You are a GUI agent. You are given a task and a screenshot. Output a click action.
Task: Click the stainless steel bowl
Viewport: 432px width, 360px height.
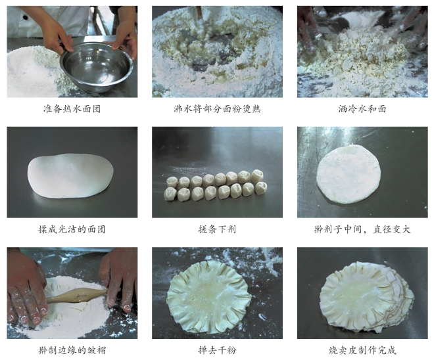pyautogui.click(x=97, y=67)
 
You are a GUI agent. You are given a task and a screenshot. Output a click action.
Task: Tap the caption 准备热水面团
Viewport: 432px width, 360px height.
pyautogui.click(x=72, y=109)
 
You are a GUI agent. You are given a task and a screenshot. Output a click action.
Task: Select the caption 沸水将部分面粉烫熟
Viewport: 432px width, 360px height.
pyautogui.click(x=217, y=109)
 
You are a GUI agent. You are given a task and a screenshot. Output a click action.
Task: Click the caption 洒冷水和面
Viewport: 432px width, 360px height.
pyautogui.click(x=362, y=109)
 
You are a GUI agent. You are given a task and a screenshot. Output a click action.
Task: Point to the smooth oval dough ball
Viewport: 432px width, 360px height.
pyautogui.click(x=70, y=175)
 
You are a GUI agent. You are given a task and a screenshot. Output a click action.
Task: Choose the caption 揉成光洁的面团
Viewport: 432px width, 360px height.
pyautogui.click(x=72, y=229)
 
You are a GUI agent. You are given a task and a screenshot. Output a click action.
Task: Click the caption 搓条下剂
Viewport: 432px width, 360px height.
pyautogui.click(x=217, y=229)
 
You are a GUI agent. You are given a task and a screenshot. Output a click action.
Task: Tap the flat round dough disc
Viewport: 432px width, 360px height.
pyautogui.click(x=348, y=175)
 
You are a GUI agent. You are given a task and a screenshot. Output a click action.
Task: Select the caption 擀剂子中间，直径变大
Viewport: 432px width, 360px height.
pyautogui.click(x=362, y=229)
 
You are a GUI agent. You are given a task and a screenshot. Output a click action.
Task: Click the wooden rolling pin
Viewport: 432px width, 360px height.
pyautogui.click(x=76, y=296)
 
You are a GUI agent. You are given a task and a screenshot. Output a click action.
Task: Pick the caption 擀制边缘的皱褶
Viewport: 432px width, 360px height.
pyautogui.click(x=72, y=350)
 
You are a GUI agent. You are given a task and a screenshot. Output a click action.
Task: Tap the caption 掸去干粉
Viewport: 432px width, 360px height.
pyautogui.click(x=217, y=350)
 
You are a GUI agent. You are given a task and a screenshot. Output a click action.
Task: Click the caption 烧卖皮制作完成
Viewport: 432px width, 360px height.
pyautogui.click(x=362, y=350)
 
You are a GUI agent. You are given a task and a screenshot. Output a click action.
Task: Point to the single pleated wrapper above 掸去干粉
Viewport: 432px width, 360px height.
pyautogui.click(x=209, y=297)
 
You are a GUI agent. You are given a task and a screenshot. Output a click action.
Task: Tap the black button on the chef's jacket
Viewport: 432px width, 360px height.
pyautogui.click(x=26, y=18)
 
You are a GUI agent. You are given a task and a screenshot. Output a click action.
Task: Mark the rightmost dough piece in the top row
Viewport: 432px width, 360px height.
pyautogui.click(x=257, y=176)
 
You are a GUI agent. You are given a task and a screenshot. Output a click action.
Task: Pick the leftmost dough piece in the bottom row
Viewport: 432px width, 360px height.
pyautogui.click(x=170, y=194)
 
